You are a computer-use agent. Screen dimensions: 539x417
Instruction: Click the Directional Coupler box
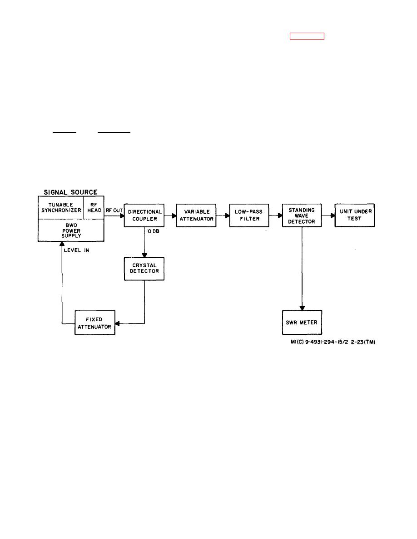(x=144, y=215)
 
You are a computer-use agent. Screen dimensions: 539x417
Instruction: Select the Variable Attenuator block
(x=196, y=215)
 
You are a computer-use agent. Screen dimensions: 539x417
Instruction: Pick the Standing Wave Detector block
(x=302, y=215)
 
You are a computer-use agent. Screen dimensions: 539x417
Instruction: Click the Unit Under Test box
(x=354, y=215)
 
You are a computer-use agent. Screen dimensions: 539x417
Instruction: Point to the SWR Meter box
(x=302, y=323)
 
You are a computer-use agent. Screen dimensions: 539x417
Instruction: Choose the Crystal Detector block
(x=144, y=269)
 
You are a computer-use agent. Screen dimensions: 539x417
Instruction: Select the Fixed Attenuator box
(x=94, y=323)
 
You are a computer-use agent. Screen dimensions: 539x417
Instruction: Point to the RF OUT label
(x=114, y=210)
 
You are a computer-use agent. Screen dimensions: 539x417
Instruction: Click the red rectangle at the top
(x=307, y=37)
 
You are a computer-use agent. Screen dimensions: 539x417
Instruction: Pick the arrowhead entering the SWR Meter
(x=302, y=308)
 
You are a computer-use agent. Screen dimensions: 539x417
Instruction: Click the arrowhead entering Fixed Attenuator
(x=117, y=323)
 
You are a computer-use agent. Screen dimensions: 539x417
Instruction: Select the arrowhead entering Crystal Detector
(x=144, y=255)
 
